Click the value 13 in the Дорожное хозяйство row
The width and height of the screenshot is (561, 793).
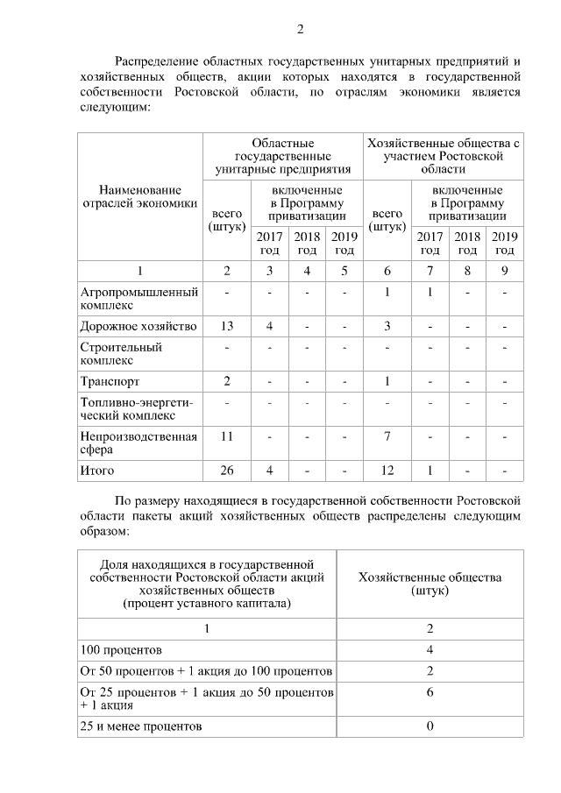click(227, 326)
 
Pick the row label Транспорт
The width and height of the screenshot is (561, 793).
click(110, 381)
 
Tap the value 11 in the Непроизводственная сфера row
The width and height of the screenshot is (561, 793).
click(227, 435)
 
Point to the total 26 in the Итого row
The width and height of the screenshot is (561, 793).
click(227, 471)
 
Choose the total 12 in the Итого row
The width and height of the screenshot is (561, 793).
click(387, 471)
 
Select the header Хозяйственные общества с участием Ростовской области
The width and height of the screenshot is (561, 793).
click(443, 156)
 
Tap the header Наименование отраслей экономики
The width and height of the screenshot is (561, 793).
click(139, 197)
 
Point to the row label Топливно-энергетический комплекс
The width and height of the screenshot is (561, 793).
click(136, 408)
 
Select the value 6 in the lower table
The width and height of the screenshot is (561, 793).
click(430, 691)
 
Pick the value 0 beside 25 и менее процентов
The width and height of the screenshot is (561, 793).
click(430, 726)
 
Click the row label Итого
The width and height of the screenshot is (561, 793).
click(97, 471)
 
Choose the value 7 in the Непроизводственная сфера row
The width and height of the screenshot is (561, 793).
click(387, 435)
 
